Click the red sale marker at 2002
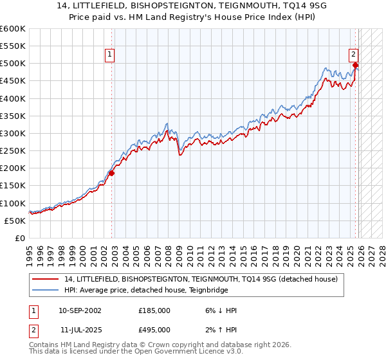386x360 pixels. (111, 173)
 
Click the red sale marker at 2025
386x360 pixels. (356, 65)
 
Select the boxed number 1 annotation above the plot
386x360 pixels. (111, 55)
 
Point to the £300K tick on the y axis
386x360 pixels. (13, 133)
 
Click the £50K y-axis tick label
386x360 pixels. (15, 221)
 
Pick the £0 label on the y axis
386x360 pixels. (20, 238)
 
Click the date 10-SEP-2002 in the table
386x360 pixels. (80, 310)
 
